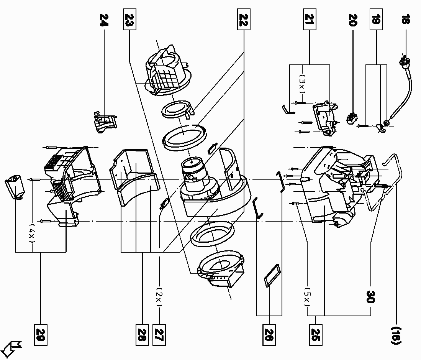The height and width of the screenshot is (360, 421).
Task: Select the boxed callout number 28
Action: point(142,332)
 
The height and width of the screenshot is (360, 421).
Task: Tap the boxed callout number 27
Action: point(159,332)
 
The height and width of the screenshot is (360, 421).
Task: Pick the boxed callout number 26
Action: point(269,332)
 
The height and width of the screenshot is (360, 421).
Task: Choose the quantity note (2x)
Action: point(159,297)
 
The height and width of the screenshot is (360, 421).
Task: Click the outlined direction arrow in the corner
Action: point(12,348)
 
